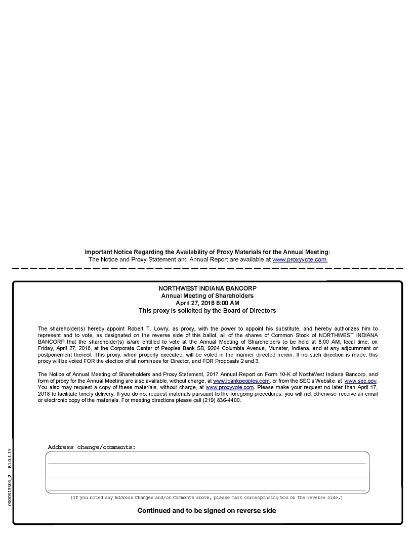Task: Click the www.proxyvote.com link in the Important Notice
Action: click(x=299, y=259)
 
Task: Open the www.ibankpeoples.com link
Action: click(x=241, y=381)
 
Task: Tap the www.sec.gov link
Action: click(x=360, y=381)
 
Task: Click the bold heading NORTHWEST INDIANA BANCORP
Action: click(x=207, y=288)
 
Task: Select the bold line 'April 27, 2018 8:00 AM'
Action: click(x=207, y=303)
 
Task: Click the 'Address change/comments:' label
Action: click(x=92, y=447)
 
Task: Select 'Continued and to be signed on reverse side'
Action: click(x=206, y=511)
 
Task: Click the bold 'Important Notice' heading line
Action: click(x=207, y=252)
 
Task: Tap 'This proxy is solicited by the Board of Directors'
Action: click(x=207, y=310)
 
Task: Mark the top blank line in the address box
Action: click(x=206, y=463)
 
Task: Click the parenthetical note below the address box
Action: click(x=206, y=498)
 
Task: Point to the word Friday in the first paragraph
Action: click(x=46, y=348)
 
